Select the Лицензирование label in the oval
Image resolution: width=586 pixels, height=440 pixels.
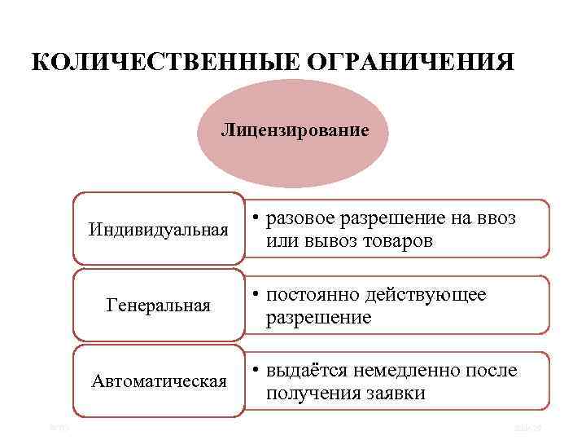coord(295,130)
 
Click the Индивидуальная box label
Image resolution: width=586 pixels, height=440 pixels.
coord(159,230)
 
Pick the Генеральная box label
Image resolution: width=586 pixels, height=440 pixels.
coord(159,306)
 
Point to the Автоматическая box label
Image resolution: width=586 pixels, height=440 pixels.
coord(159,381)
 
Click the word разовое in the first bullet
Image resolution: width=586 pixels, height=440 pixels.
coord(300,219)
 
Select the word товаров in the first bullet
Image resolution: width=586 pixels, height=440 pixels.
coord(398,241)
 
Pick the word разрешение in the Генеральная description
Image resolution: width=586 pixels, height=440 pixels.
coord(317,317)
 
